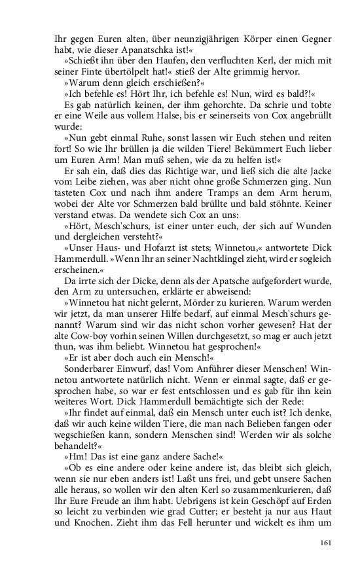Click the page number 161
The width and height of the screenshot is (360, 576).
coord(328,543)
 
